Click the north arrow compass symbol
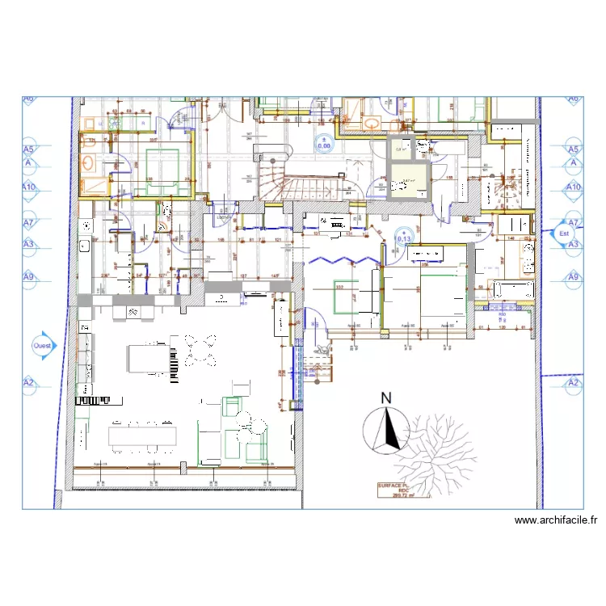(x=385, y=429)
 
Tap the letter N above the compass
(x=386, y=398)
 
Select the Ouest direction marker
(x=41, y=345)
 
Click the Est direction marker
(x=564, y=234)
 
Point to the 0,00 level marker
(x=324, y=144)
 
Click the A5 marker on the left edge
(x=29, y=149)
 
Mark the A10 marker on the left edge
(x=29, y=187)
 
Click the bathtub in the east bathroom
(x=511, y=288)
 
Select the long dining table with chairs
(x=143, y=436)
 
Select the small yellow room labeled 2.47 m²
(x=409, y=185)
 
